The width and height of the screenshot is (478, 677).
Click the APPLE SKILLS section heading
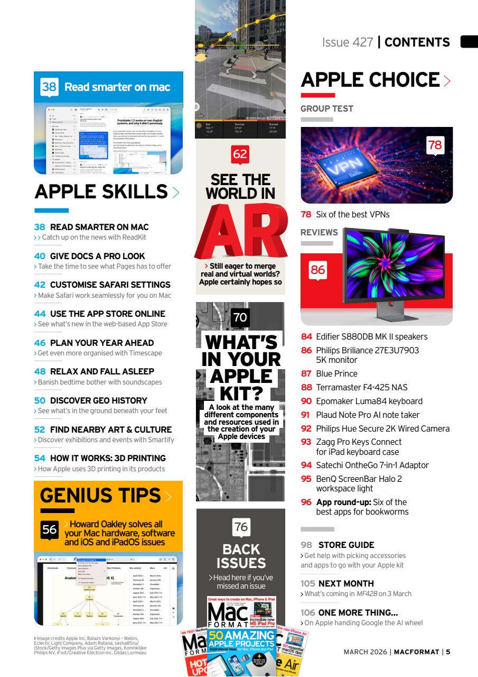101,191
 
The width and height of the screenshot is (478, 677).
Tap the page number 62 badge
240,154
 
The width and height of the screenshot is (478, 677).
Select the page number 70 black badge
240,317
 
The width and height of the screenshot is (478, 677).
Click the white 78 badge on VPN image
435,145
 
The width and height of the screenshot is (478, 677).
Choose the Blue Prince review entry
336,373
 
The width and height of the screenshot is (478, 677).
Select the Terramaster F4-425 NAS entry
361,387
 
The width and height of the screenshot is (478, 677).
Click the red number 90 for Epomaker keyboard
306,401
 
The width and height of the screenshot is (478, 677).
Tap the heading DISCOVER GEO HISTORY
98,400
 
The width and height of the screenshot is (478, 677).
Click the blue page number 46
40,343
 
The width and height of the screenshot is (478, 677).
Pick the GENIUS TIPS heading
100,496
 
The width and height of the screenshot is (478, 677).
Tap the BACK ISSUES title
240,555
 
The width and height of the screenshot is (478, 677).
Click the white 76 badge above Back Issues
241,527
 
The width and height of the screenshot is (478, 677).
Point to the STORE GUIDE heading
346,545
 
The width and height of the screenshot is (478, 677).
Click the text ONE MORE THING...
358,612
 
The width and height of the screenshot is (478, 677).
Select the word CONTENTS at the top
417,42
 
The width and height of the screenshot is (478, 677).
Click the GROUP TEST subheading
327,108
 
